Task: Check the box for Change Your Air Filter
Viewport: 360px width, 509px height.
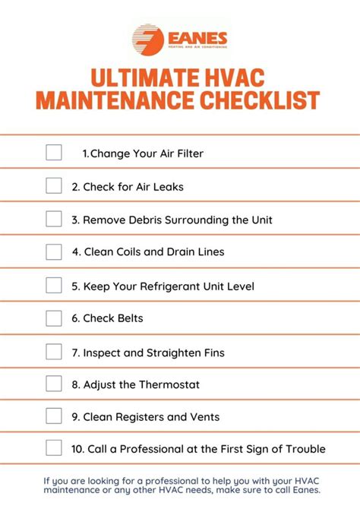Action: coord(54,153)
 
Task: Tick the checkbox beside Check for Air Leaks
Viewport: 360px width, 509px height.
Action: coord(54,185)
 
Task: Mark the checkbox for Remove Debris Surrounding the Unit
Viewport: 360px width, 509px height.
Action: coord(54,219)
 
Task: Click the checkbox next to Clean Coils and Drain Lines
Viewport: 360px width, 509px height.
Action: coord(54,251)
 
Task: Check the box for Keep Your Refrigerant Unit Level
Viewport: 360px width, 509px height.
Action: coord(54,285)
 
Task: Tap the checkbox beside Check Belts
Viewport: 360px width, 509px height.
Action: coord(54,318)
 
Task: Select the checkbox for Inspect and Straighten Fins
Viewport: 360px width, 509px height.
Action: coord(54,352)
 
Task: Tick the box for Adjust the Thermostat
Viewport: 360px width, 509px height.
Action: coord(54,384)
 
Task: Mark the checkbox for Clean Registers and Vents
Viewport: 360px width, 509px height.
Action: coord(54,416)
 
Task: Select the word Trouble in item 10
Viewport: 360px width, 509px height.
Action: coord(303,449)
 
